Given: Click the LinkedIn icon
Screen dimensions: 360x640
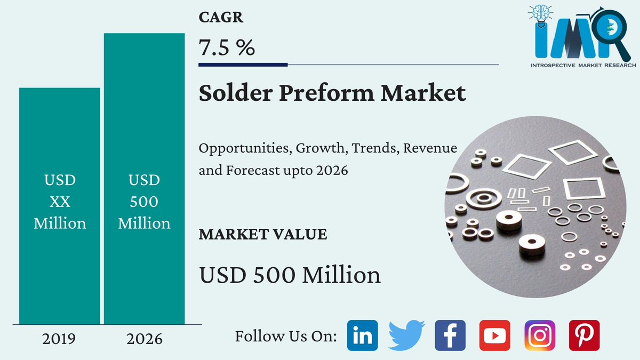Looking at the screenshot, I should coord(362,335).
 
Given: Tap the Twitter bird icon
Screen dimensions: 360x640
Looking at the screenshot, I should coord(406,335).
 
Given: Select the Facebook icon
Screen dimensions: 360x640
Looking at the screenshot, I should coord(450,335).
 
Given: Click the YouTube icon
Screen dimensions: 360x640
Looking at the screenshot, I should coord(494,335).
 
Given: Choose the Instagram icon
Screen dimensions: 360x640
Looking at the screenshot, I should coord(539,335).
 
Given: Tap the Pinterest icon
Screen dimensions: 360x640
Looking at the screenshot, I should coord(584,335).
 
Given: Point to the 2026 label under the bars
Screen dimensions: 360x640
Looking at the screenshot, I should coord(144,339).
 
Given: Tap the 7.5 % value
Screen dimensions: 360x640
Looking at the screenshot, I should coord(227,48).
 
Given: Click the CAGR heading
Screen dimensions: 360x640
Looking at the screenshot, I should coord(221,18).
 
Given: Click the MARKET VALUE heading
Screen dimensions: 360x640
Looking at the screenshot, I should coord(263,234).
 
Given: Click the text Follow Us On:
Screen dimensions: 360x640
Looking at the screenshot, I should coord(286,336).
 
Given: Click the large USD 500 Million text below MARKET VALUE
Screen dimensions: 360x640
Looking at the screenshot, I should coord(290,275).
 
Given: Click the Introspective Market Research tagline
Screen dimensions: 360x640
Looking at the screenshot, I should coord(583,65).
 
